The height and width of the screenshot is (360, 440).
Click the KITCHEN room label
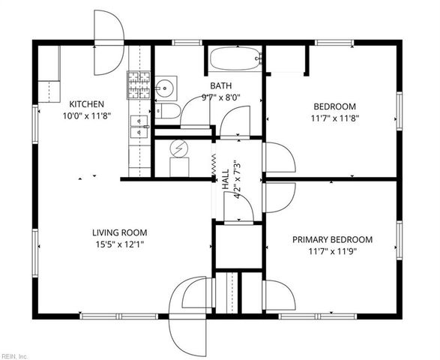coord(87,104)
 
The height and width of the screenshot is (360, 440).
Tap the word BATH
coord(220,85)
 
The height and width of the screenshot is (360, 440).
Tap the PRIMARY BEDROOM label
coord(332,239)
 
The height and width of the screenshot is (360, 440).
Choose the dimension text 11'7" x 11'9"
coord(332,251)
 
